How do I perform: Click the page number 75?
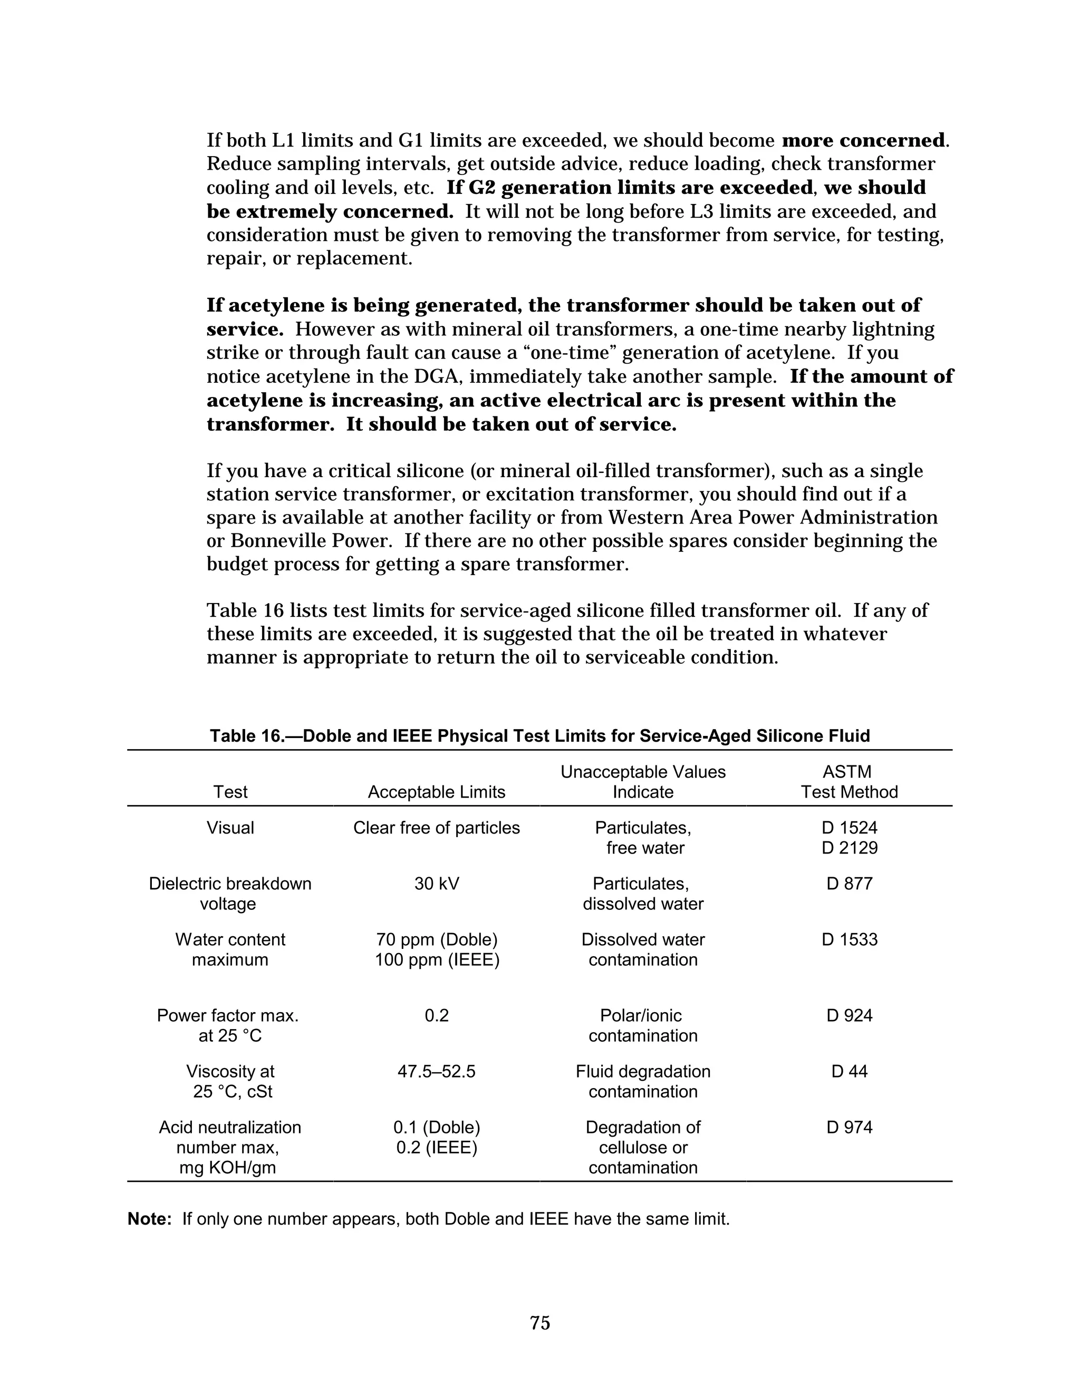pos(539,1322)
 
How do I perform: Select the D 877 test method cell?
pos(849,884)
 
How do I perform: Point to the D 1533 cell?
pos(849,939)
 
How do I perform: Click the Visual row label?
pos(230,828)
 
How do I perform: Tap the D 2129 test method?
pos(849,848)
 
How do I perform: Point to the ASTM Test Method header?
pos(849,782)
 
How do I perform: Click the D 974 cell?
pos(849,1127)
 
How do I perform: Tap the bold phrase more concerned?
pos(863,140)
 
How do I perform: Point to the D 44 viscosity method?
pos(849,1071)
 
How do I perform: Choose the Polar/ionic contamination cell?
pos(642,1025)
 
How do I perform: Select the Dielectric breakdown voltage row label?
pos(230,894)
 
